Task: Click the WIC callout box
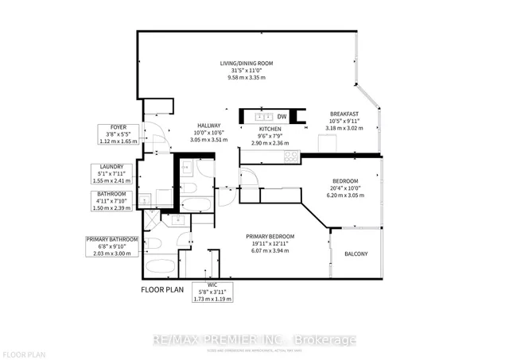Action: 212,291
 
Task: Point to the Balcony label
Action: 356,254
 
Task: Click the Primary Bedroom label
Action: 270,237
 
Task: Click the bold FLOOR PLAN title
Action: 165,290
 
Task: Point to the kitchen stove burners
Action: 292,156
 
